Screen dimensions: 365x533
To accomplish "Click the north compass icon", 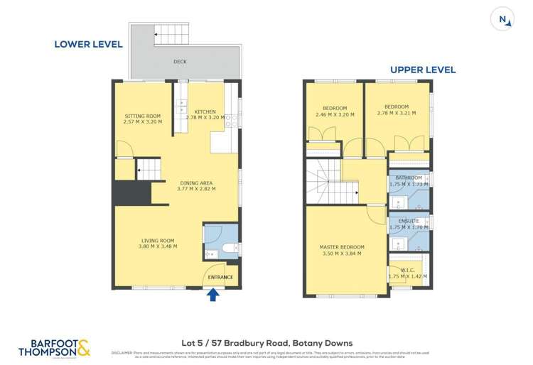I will pyautogui.click(x=503, y=20).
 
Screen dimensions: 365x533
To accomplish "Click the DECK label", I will pyautogui.click(x=180, y=62).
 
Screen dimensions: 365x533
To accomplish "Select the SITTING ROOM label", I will pyautogui.click(x=143, y=116).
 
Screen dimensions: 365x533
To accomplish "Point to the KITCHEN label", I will pyautogui.click(x=205, y=111).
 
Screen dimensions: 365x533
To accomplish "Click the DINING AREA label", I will pyautogui.click(x=196, y=182).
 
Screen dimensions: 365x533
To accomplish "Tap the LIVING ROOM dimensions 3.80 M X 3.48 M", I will pyautogui.click(x=159, y=246).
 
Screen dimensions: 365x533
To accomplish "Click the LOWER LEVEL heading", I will pyautogui.click(x=88, y=44).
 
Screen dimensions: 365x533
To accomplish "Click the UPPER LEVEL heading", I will pyautogui.click(x=422, y=70).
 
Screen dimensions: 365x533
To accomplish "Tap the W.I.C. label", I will pyautogui.click(x=408, y=269).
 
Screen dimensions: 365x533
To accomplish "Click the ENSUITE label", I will pyautogui.click(x=409, y=221).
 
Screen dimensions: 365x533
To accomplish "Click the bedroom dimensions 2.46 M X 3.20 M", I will pyautogui.click(x=334, y=113).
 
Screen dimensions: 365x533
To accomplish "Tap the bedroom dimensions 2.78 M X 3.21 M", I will pyautogui.click(x=397, y=113).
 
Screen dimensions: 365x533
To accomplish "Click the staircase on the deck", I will pyautogui.click(x=169, y=33).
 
